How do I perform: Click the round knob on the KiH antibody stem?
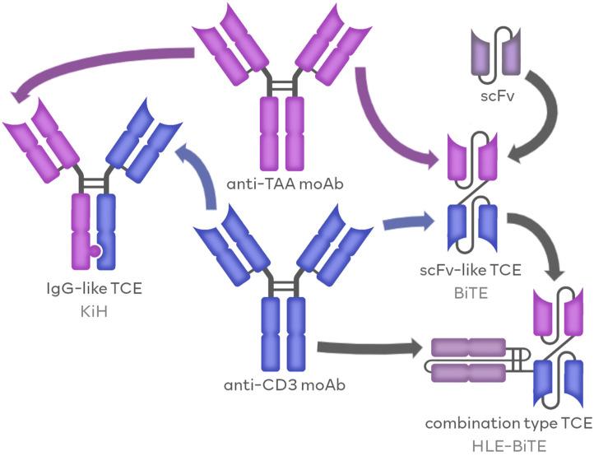click(x=96, y=251)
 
